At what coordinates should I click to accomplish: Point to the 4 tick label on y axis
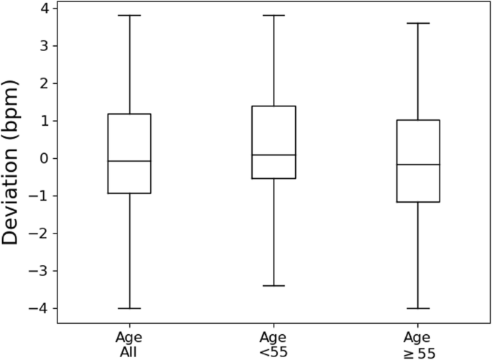(45, 8)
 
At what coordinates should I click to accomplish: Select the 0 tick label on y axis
(45, 158)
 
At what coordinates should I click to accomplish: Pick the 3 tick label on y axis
(45, 45)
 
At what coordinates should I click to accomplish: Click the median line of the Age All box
(129, 161)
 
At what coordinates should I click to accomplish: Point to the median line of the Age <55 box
(274, 155)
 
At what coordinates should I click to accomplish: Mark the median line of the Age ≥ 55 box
(417, 165)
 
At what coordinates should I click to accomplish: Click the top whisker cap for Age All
(129, 15)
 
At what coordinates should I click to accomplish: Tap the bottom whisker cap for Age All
(129, 308)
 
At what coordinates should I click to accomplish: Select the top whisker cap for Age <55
(274, 15)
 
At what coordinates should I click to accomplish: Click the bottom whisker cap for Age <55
(274, 286)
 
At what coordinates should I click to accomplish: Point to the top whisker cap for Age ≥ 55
(417, 23)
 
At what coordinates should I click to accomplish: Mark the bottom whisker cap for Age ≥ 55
(417, 308)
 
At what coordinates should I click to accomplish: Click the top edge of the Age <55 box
(274, 106)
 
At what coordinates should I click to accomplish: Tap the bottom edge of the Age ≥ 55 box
(417, 202)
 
